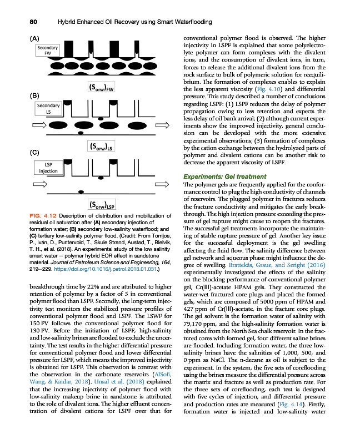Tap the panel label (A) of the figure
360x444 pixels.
click(x=34, y=39)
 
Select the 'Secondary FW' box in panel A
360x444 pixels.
click(x=47, y=51)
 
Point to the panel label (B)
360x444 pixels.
click(x=34, y=95)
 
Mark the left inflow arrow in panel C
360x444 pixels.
click(x=40, y=184)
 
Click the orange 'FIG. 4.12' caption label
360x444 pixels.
click(x=42, y=215)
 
